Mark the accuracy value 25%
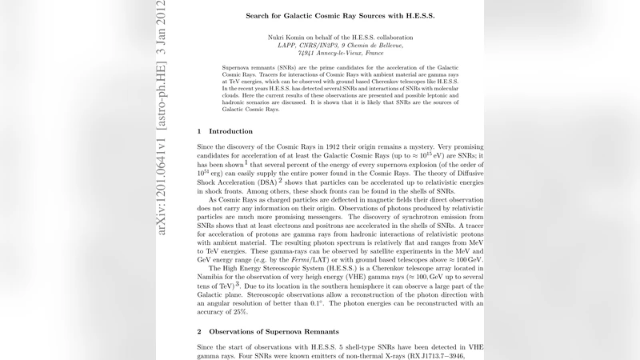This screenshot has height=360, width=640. [235, 312]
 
